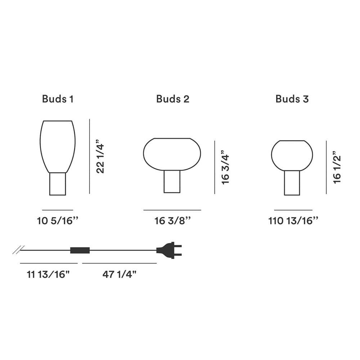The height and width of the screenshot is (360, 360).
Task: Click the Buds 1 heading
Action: click(58, 99)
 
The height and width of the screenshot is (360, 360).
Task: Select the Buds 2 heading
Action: click(173, 99)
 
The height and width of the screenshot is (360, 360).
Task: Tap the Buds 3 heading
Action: click(292, 99)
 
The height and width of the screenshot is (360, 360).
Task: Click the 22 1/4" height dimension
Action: click(100, 157)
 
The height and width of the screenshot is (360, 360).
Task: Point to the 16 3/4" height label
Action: click(225, 167)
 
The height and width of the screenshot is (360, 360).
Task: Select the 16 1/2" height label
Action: click(337, 167)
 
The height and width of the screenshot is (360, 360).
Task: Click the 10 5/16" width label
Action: click(58, 221)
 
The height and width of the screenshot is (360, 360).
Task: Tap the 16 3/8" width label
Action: click(172, 221)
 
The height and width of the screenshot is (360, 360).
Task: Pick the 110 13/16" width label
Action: click(293, 221)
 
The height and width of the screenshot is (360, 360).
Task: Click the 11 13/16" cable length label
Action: click(48, 275)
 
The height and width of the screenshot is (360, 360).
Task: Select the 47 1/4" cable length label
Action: click(120, 275)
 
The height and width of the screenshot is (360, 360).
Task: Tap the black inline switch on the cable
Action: click(80, 250)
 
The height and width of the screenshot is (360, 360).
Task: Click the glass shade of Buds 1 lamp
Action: click(58, 146)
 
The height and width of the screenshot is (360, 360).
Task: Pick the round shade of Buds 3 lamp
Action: click(292, 155)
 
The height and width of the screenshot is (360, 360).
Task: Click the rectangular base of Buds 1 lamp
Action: click(58, 184)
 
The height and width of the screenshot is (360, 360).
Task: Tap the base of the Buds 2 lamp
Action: click(172, 181)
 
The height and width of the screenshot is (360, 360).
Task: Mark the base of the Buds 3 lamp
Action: click(292, 183)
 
